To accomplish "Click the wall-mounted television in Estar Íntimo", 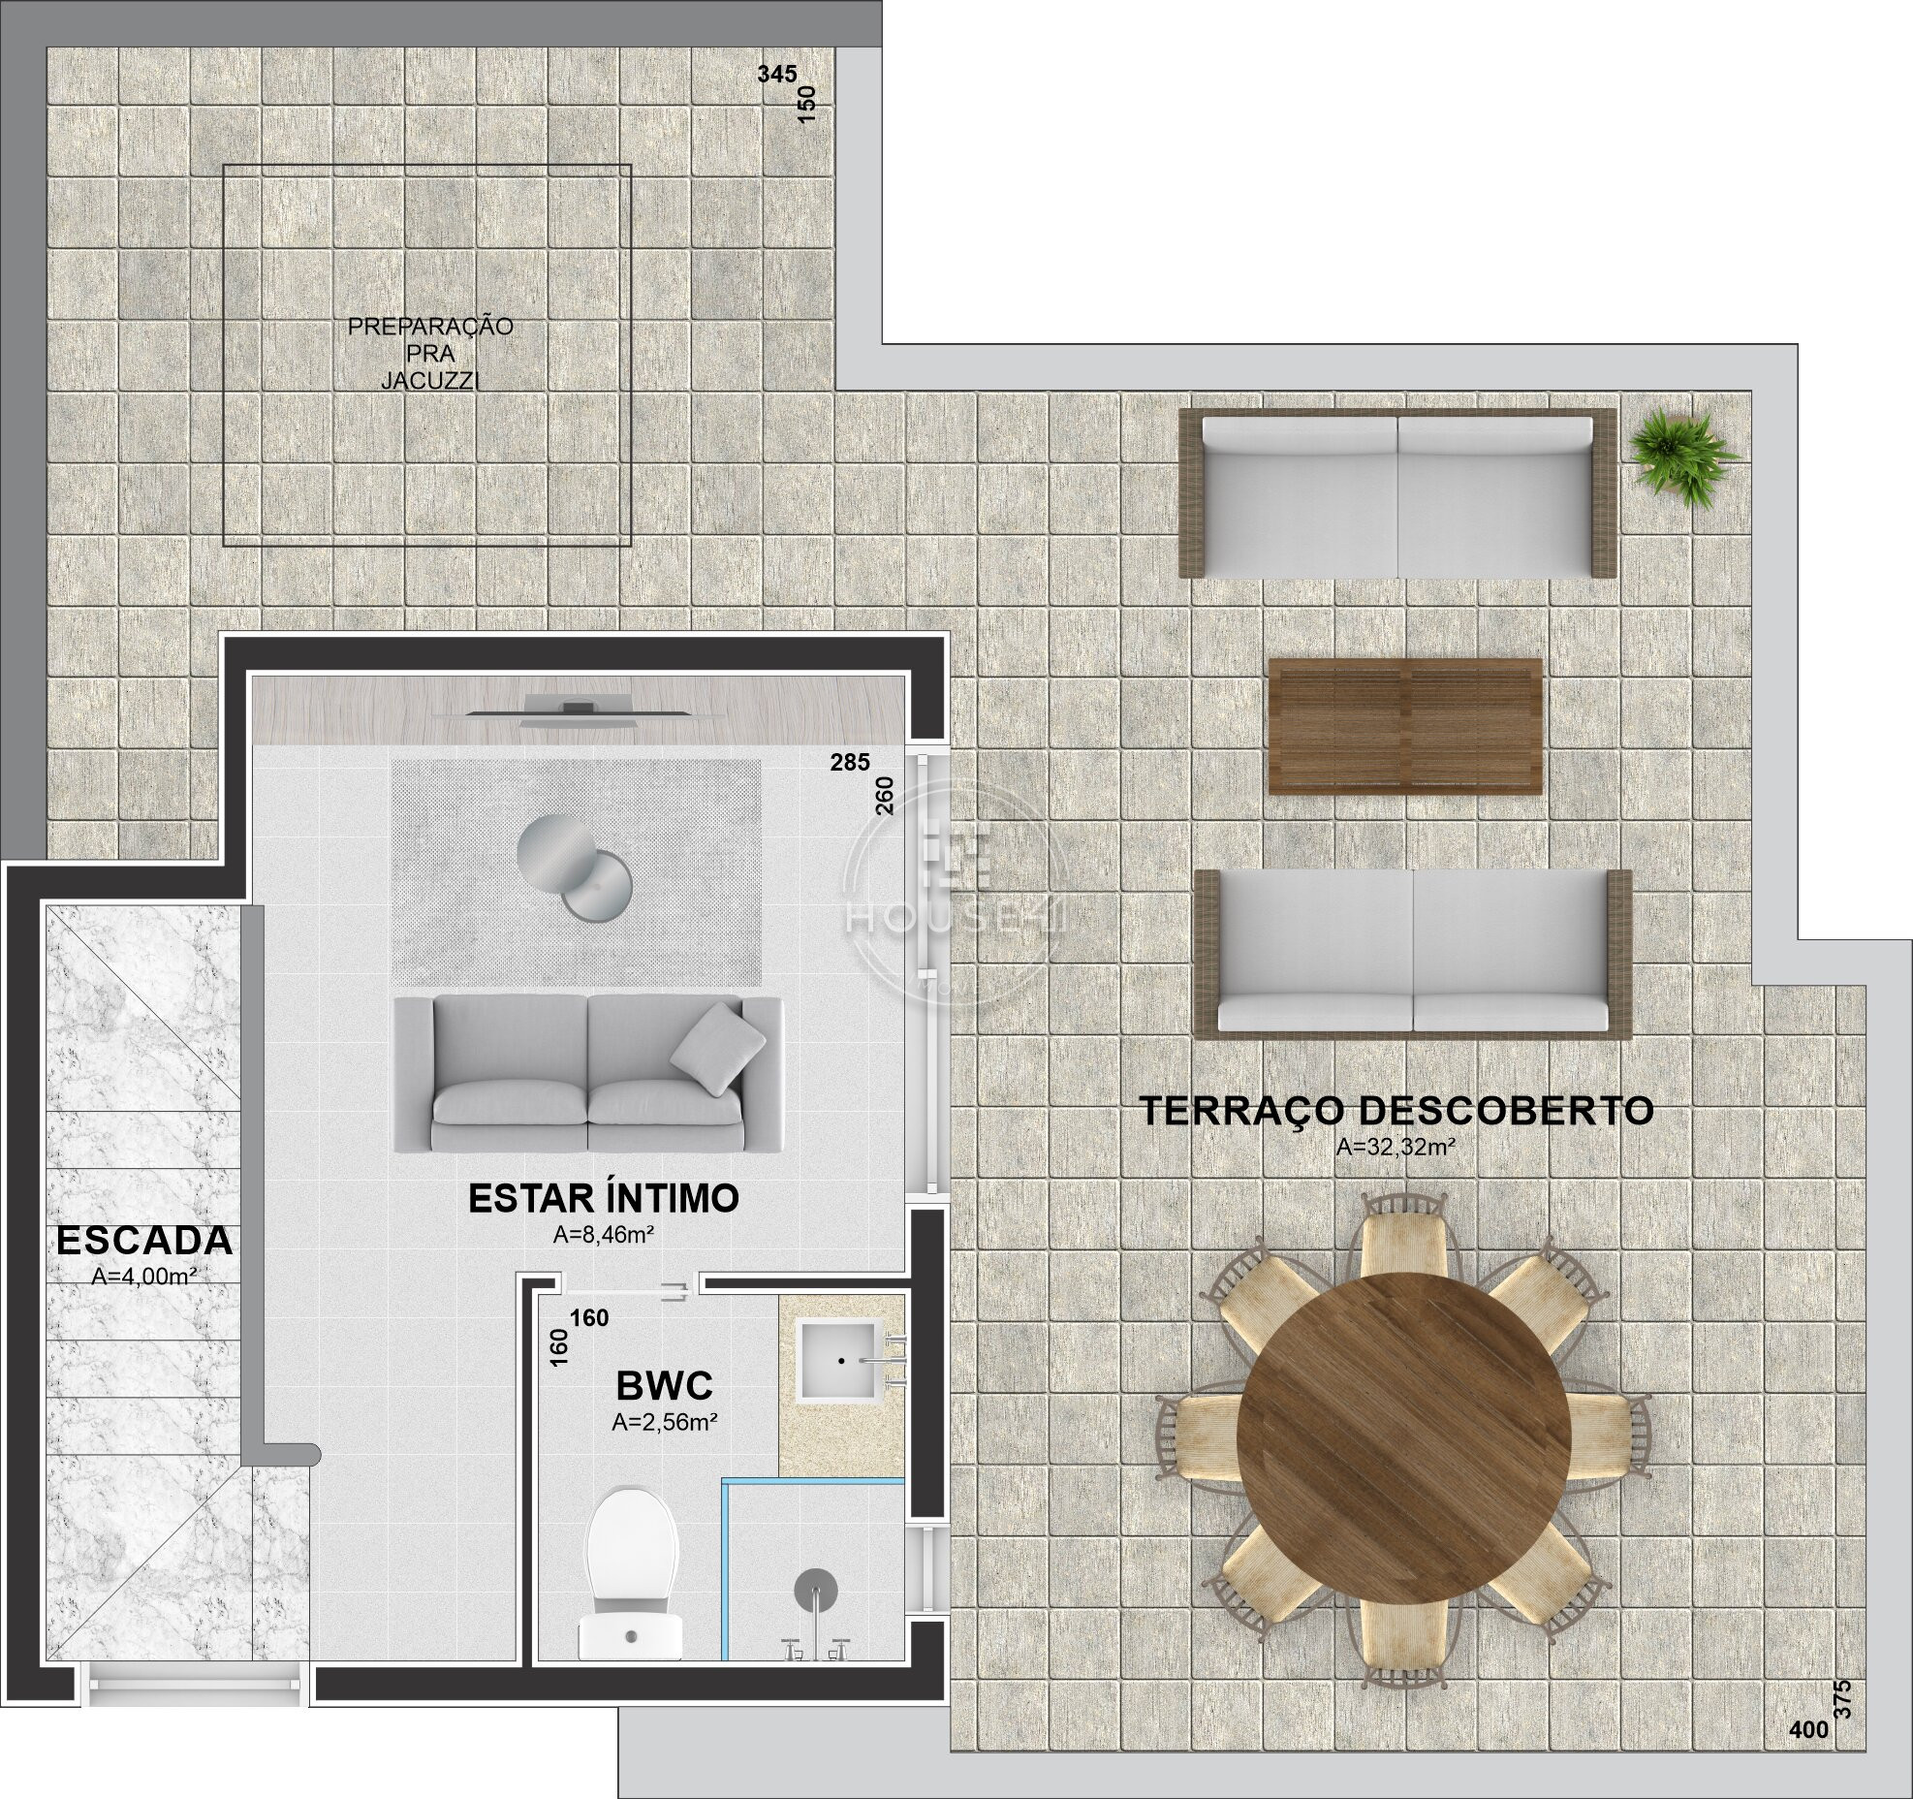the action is [x=580, y=709].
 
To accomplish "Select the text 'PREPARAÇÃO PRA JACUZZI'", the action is [x=430, y=353].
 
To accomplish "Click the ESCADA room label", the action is [x=144, y=1241].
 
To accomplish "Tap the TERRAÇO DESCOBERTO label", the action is [x=1396, y=1111].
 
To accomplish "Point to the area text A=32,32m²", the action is [x=1396, y=1148].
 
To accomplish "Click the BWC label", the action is [x=665, y=1387].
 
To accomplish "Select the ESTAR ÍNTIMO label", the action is [x=604, y=1198].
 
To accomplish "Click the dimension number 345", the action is [x=777, y=75].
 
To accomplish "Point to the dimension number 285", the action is [x=850, y=763].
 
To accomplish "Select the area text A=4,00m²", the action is [x=144, y=1278].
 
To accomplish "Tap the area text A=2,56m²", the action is [x=665, y=1424].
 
